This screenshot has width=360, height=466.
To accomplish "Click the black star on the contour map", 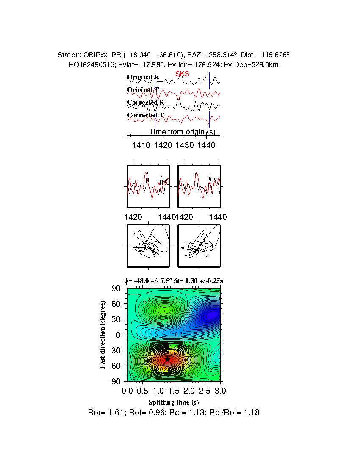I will pos(167,359).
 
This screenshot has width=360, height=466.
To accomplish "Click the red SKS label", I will pos(182,74).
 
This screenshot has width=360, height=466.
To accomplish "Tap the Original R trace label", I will pos(143,78).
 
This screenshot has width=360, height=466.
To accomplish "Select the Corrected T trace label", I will pos(145,115).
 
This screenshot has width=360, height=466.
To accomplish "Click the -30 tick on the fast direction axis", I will pos(116,350).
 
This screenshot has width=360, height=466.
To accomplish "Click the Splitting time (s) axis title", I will pos(174,402).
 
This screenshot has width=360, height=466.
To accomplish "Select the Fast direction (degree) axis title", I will pos(103,335).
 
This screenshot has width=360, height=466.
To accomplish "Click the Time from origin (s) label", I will pos(183,132).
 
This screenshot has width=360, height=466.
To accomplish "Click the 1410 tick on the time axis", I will pos(141,145).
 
